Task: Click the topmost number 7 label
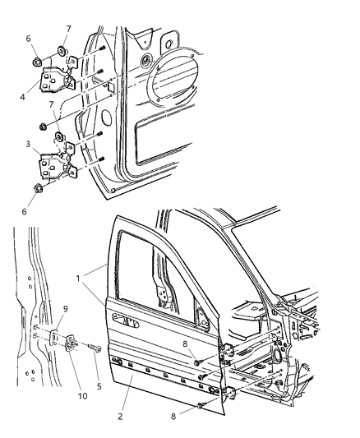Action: (x=68, y=29)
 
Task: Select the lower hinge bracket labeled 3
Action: (x=53, y=164)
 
